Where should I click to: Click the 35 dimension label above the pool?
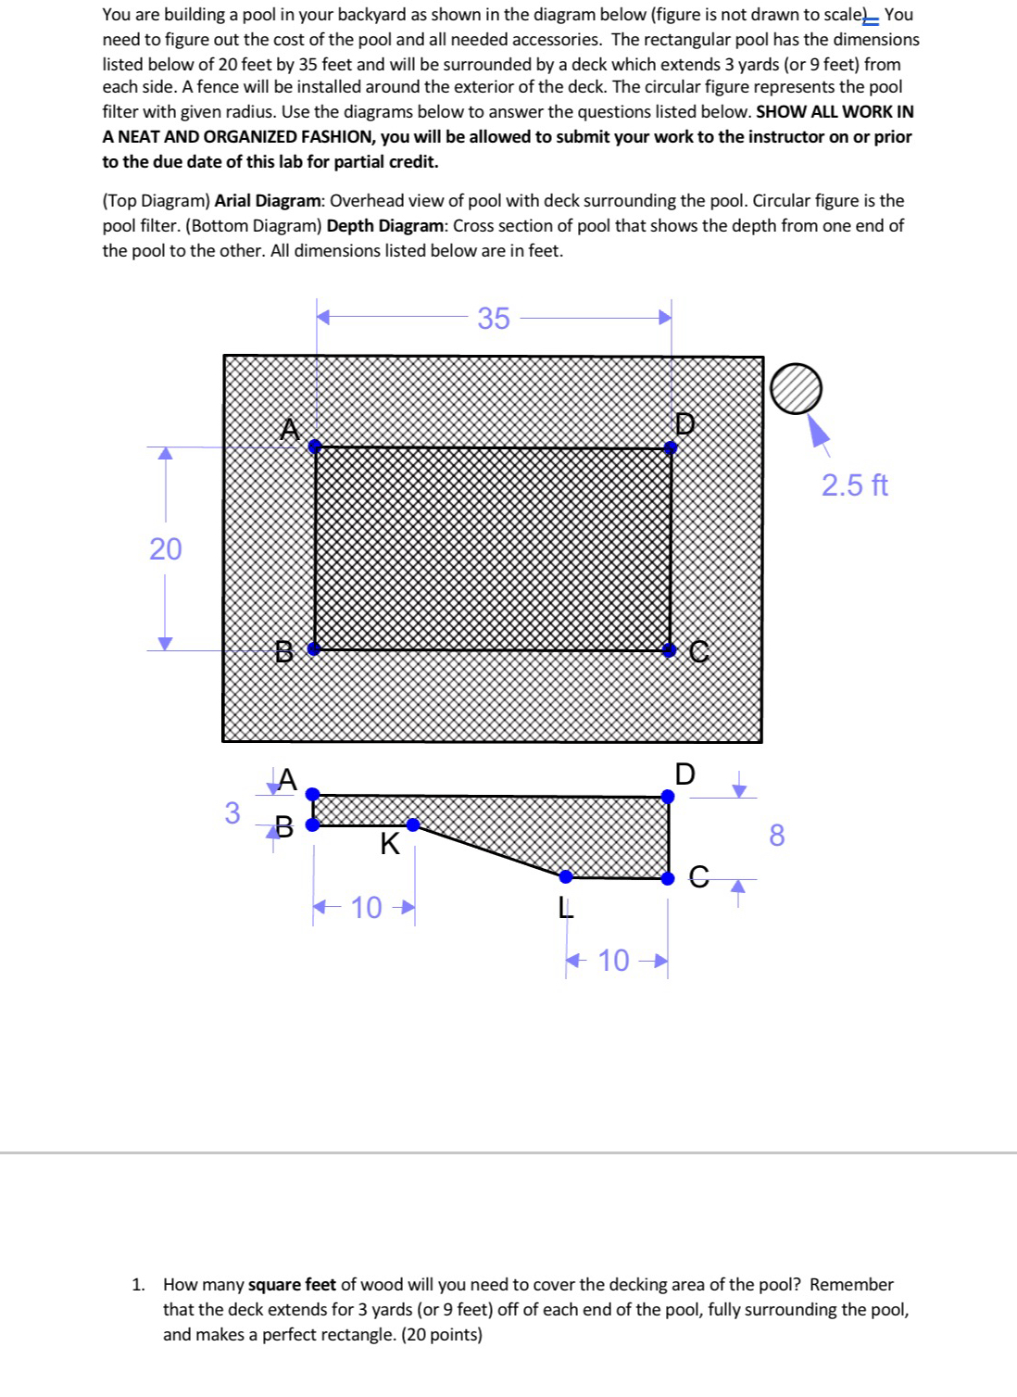(494, 318)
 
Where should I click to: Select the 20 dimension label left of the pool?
(166, 548)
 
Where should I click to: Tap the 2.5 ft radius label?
(854, 485)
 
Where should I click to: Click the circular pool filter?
(796, 388)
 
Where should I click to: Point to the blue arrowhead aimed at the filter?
(818, 430)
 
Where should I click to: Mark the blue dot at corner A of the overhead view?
(315, 447)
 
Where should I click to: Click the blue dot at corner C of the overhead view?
(670, 648)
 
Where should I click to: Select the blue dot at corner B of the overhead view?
(314, 648)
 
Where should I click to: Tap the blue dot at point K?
(413, 824)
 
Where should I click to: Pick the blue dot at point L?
(566, 875)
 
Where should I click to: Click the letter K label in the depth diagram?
(390, 844)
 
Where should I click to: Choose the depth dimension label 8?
(776, 836)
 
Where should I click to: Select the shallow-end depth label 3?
(232, 812)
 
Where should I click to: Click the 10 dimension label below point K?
(366, 907)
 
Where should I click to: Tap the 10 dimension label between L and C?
(613, 960)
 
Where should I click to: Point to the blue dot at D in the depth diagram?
(668, 796)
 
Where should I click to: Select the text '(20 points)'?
(441, 1334)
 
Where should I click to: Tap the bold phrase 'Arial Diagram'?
(268, 200)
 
